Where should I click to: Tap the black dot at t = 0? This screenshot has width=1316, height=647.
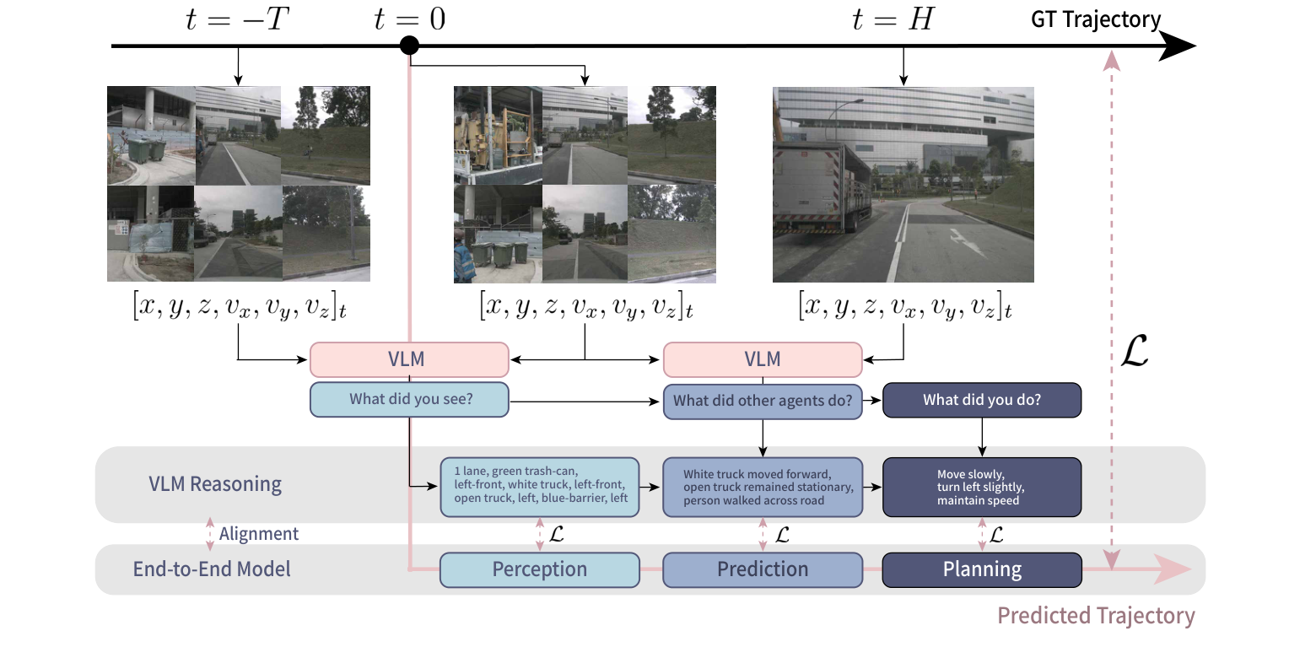(409, 46)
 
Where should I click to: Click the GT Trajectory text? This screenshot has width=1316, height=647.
(1096, 20)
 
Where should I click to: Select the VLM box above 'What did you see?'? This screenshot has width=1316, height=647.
(409, 359)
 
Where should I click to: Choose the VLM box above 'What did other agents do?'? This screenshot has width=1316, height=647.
(763, 359)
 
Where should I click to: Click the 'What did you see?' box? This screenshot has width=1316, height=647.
(409, 399)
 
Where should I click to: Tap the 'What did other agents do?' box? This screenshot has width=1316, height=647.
(763, 401)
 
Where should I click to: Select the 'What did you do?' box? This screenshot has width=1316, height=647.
(981, 400)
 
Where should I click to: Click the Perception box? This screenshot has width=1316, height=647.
(540, 569)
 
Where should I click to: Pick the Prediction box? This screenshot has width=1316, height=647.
(763, 569)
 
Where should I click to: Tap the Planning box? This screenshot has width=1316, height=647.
(982, 569)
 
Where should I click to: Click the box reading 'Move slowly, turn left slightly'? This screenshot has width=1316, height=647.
(982, 487)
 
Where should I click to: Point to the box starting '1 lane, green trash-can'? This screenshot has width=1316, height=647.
(540, 486)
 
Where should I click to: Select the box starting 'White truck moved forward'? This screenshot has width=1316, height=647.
(763, 487)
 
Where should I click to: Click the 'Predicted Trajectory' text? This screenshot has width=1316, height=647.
(1096, 616)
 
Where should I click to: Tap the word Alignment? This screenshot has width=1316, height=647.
(258, 534)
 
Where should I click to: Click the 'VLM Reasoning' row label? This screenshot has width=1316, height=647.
(215, 484)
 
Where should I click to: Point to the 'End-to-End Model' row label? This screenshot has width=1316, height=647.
(212, 569)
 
